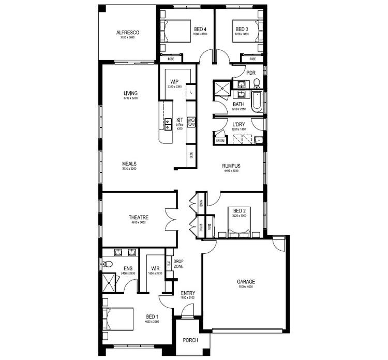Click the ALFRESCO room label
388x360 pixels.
tap(128, 33)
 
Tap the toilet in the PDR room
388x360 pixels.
tap(256, 82)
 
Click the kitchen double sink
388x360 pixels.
tap(168, 124)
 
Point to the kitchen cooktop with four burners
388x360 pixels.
tap(191, 123)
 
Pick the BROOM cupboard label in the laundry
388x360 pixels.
tap(220, 140)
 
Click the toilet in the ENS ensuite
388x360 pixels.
tap(107, 264)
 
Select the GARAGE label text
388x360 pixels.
tap(246, 282)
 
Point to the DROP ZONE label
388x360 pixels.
tap(178, 264)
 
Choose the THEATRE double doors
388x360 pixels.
tap(171, 220)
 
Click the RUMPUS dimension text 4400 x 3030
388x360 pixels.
tap(231, 170)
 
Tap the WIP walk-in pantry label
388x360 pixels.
tap(174, 82)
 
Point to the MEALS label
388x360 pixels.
tap(129, 163)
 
